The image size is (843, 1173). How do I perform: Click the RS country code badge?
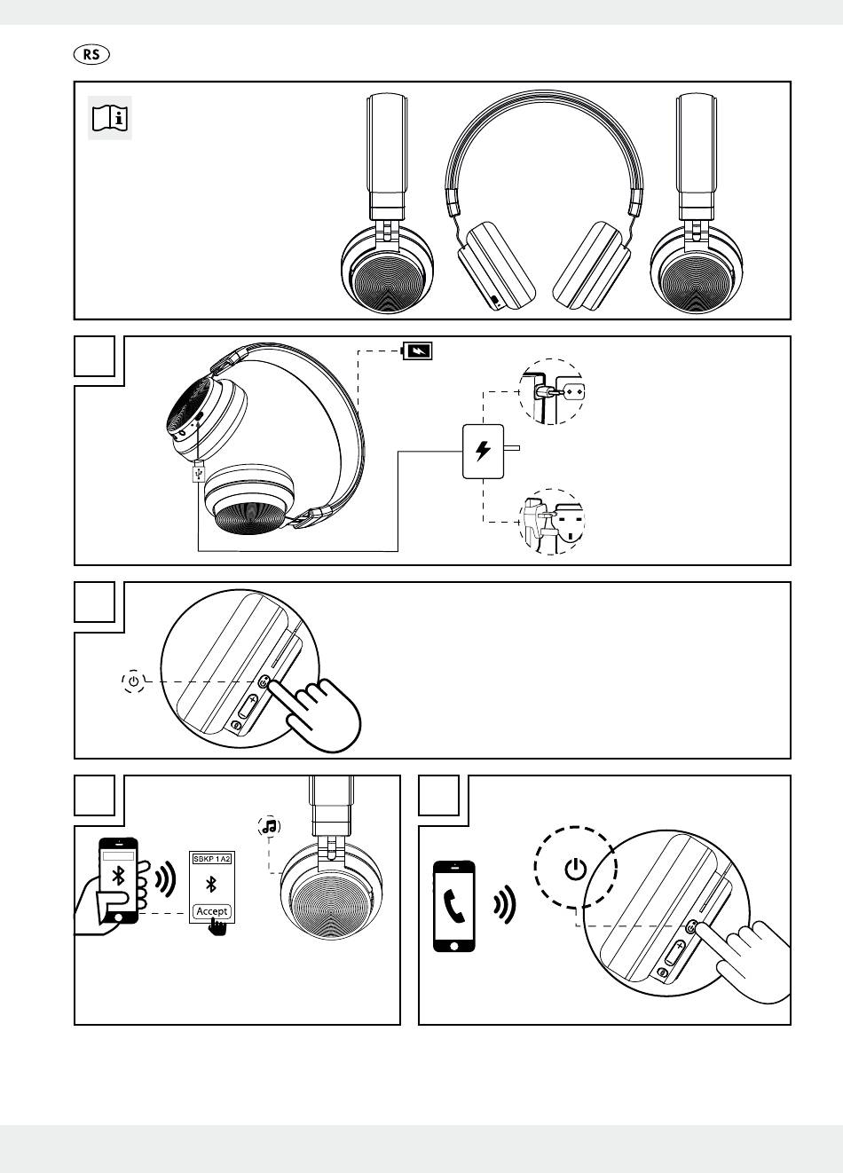pos(91,54)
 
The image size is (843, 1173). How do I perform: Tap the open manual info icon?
pos(110,118)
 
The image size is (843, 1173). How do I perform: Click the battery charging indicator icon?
pos(417,350)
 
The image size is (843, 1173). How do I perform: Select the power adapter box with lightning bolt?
pos(483,452)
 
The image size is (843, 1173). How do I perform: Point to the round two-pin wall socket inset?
pos(551,391)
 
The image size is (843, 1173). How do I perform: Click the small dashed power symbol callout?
pos(133,681)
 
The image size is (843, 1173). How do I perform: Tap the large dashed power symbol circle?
pos(575,867)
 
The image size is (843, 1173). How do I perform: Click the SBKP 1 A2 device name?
pos(211,859)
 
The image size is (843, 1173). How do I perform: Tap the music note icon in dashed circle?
pos(269,826)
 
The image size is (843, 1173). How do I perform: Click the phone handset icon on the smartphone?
pos(453,907)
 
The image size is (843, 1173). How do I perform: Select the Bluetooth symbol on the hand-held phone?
pos(118,876)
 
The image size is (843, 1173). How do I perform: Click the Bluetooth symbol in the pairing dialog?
pos(211,885)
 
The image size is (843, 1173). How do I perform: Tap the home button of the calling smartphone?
pos(454,946)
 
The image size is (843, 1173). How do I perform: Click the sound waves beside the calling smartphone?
pos(504,904)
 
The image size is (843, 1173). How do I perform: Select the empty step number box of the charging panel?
pos(94,356)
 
